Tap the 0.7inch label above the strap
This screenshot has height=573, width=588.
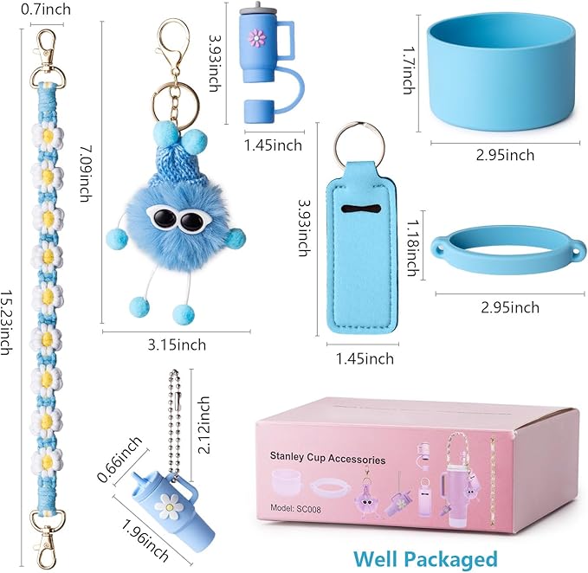pyautogui.click(x=46, y=10)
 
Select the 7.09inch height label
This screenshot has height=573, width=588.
pyautogui.click(x=87, y=173)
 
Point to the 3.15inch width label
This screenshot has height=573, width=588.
pyautogui.click(x=177, y=344)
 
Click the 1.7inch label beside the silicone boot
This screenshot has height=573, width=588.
pyautogui.click(x=410, y=70)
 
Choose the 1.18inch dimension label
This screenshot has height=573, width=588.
pyautogui.click(x=414, y=248)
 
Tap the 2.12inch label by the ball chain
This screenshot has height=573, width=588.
pyautogui.click(x=204, y=425)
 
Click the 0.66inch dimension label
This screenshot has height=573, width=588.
pyautogui.click(x=120, y=459)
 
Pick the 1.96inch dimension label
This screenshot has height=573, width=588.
pyautogui.click(x=145, y=540)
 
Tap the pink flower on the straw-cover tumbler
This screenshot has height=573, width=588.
pyautogui.click(x=257, y=38)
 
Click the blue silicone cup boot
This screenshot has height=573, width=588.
pyautogui.click(x=501, y=74)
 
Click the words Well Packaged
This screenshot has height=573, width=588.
pyautogui.click(x=425, y=559)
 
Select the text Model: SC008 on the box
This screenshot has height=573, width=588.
pyautogui.click(x=295, y=509)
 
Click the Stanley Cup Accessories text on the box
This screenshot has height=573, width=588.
pyautogui.click(x=327, y=458)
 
